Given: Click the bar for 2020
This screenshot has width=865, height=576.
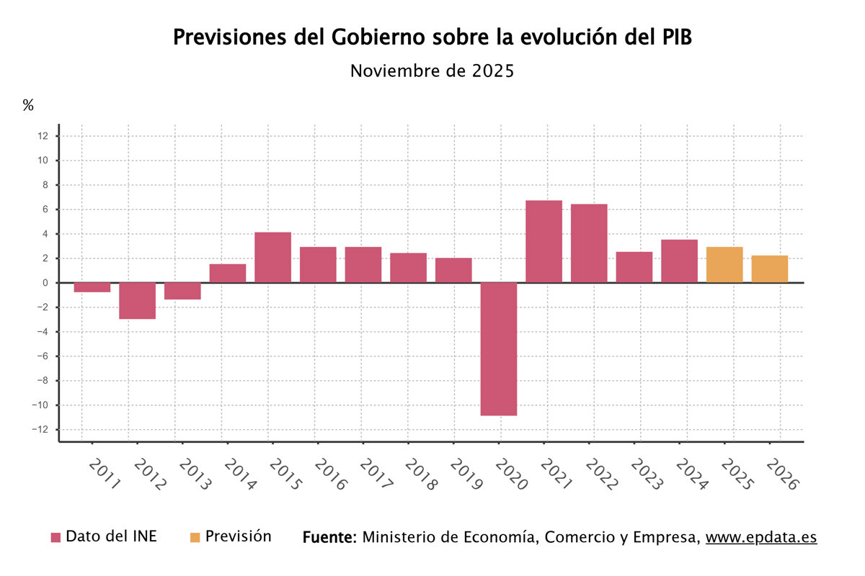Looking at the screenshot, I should click(x=499, y=348).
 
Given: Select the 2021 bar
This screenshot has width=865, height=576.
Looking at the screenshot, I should click(x=544, y=241).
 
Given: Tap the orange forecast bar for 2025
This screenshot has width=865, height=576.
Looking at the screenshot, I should click(x=724, y=264).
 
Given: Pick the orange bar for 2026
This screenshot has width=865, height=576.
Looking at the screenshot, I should click(x=769, y=269).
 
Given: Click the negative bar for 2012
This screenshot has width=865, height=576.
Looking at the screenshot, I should click(x=137, y=300).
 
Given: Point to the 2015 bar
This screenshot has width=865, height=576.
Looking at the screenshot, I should click(x=272, y=257).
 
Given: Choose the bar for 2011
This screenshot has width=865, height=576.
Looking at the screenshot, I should click(x=92, y=287).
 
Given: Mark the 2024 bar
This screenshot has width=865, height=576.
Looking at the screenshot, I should click(x=679, y=261).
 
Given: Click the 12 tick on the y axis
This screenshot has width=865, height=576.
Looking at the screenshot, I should click(x=43, y=136).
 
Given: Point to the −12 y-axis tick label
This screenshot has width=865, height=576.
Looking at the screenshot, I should click(x=41, y=430).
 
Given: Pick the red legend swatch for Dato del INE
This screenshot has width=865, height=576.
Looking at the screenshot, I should click(x=56, y=537).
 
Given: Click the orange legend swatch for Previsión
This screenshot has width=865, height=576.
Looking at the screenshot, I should click(x=195, y=537).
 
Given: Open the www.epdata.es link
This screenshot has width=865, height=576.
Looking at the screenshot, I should click(x=760, y=537).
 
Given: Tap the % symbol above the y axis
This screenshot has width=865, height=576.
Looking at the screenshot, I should click(x=28, y=105).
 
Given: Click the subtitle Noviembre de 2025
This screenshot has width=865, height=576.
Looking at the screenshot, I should click(x=432, y=71).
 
